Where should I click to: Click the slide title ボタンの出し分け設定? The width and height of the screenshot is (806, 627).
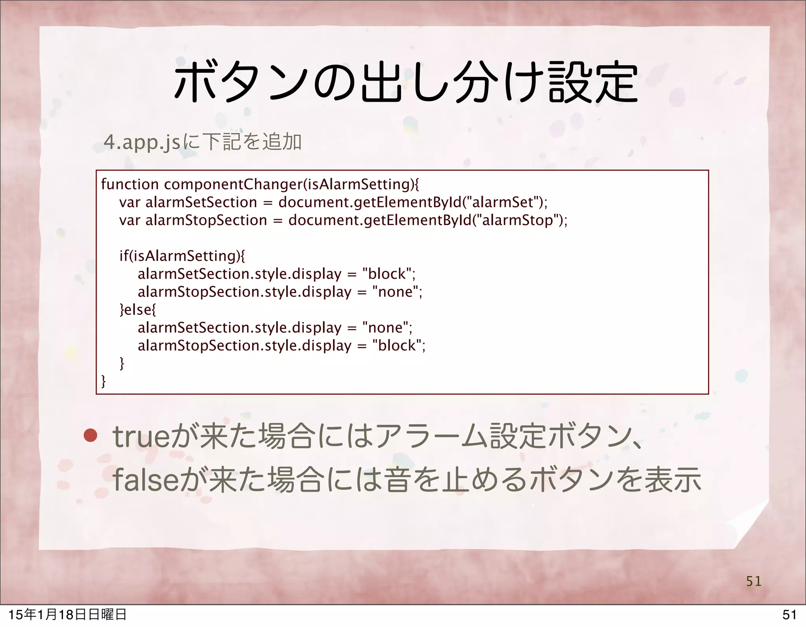tap(405, 83)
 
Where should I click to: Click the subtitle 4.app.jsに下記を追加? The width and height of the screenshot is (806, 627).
tap(202, 142)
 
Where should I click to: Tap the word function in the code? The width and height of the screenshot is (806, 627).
tap(129, 184)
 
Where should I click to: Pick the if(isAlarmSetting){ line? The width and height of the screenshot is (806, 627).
tap(182, 256)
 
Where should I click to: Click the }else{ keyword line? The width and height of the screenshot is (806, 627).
tap(137, 309)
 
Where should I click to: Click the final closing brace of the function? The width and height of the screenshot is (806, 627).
tap(104, 381)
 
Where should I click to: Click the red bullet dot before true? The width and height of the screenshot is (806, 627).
tap(91, 436)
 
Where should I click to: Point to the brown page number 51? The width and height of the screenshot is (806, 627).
tap(754, 581)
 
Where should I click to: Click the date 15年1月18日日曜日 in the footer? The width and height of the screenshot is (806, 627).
tap(67, 615)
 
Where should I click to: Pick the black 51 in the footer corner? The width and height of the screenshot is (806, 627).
tap(789, 615)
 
